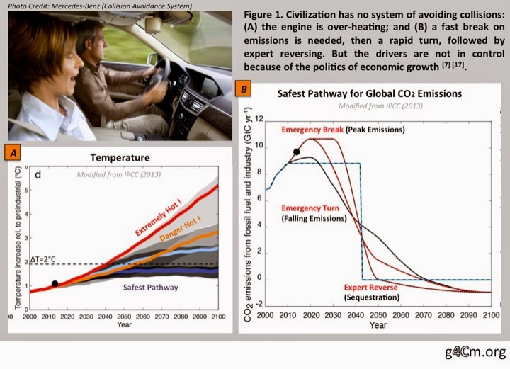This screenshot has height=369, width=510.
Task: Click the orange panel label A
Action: (13, 152)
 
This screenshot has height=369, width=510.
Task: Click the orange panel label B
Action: (243, 89)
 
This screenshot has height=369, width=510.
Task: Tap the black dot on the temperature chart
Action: (55, 283)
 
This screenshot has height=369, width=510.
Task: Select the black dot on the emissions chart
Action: (296, 152)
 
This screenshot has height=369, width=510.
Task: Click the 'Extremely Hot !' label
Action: (158, 218)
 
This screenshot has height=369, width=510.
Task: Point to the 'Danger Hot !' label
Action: (180, 229)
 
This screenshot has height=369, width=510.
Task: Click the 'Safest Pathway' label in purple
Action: (151, 288)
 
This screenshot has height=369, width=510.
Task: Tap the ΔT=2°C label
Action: (43, 259)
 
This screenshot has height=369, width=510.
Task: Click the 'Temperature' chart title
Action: (120, 158)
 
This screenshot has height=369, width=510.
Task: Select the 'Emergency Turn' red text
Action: (310, 208)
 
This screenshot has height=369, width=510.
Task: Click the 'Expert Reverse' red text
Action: (370, 288)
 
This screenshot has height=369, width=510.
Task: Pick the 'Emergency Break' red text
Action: (312, 130)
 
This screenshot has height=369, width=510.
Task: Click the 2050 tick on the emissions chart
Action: (378, 314)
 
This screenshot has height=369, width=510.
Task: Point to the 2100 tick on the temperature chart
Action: (218, 317)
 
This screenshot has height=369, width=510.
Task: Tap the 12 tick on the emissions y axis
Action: (259, 119)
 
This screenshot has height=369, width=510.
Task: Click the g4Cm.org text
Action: (475, 352)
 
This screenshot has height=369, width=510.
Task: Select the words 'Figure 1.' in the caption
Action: (263, 15)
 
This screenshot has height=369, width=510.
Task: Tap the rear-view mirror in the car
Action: (154, 25)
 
